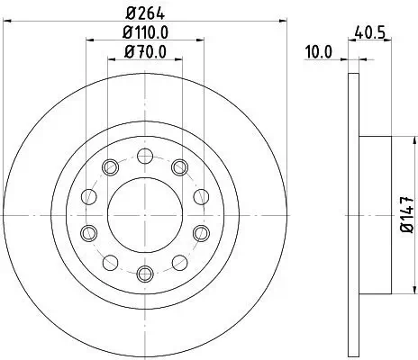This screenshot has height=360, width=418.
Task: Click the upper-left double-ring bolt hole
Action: [x=110, y=166]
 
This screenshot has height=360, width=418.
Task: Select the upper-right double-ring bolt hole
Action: [x=178, y=166]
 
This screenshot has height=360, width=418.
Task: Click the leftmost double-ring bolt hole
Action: [x=87, y=232]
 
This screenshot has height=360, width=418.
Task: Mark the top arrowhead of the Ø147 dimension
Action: [x=390, y=140]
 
